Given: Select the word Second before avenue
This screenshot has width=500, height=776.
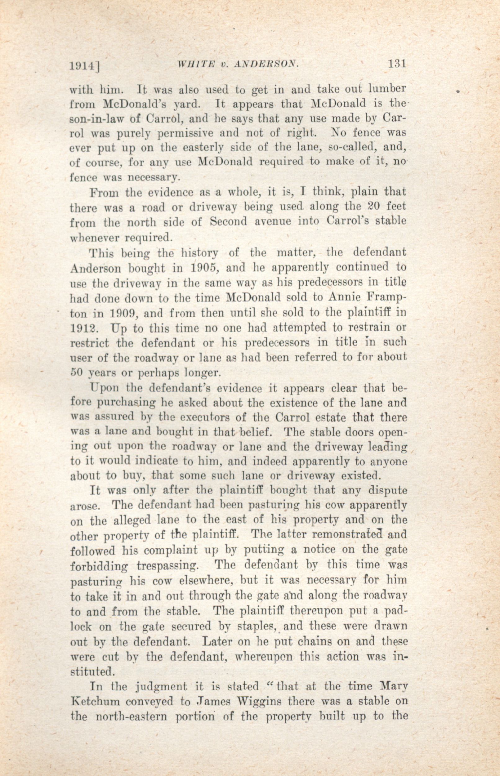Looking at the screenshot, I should (x=230, y=222).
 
